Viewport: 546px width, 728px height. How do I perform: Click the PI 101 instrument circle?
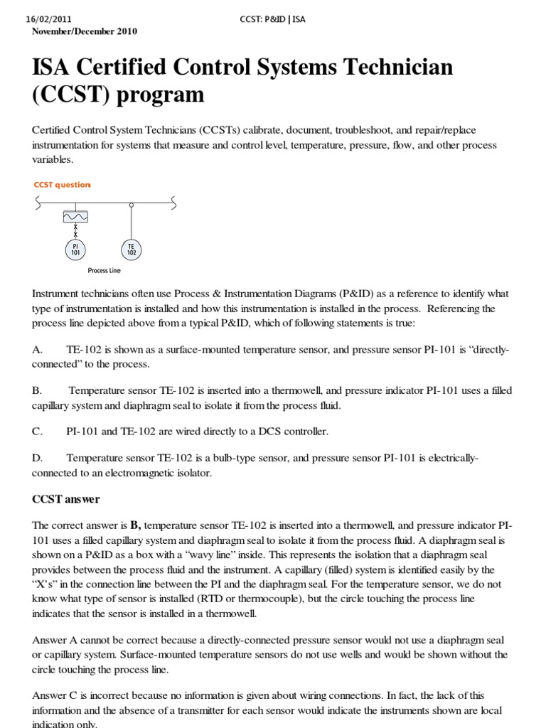click(75, 250)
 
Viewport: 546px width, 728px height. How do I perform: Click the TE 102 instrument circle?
click(131, 249)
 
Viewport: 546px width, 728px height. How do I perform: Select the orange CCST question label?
click(63, 185)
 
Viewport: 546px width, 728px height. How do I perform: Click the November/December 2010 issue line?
click(85, 31)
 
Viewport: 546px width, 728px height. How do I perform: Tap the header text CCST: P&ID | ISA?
click(273, 19)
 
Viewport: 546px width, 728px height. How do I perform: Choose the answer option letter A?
click(38, 350)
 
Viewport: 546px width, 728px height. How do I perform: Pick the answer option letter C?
click(38, 431)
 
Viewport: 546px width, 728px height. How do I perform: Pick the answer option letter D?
click(38, 458)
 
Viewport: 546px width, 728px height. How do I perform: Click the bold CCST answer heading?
click(65, 499)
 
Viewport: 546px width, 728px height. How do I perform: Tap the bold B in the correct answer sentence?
click(134, 525)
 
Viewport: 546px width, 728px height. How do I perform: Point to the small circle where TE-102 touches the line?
click(131, 205)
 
